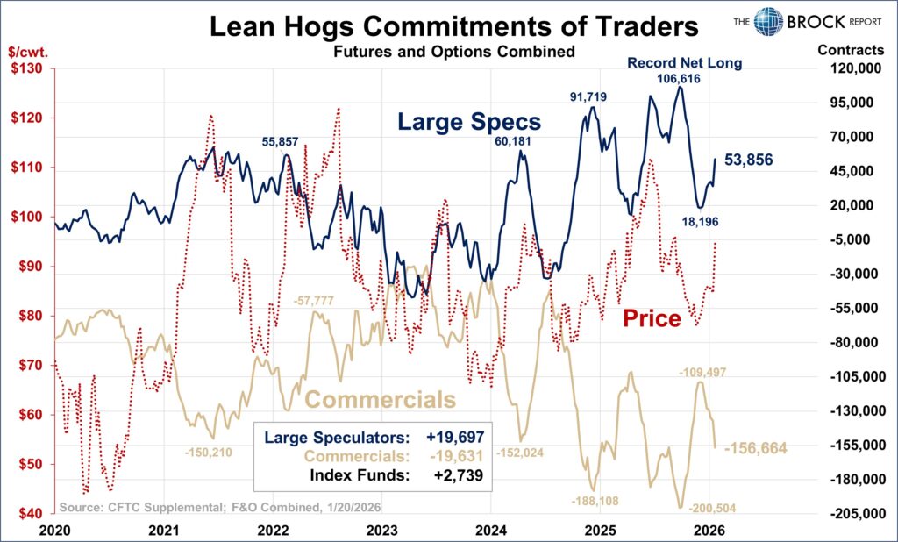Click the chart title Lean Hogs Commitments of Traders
[x=453, y=25]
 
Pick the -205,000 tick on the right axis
[x=844, y=514]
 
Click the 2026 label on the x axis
[x=708, y=530]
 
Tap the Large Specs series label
[x=469, y=122]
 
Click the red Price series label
[x=652, y=318]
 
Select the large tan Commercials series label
[x=380, y=400]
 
